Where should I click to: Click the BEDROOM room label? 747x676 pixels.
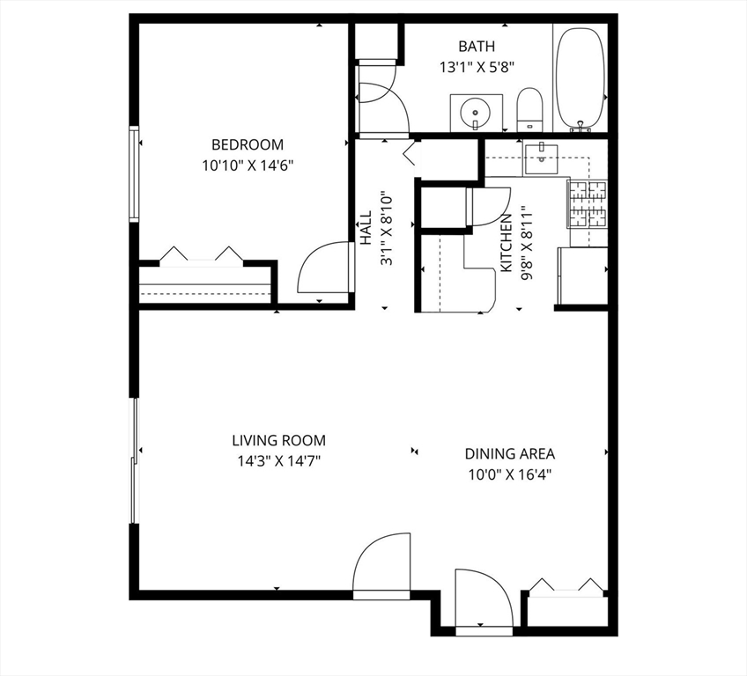[247, 145]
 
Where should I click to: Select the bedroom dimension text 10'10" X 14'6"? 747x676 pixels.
[247, 165]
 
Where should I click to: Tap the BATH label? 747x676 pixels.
[476, 47]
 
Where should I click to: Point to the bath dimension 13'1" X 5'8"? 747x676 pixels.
[476, 66]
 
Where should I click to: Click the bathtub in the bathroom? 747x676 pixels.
[581, 77]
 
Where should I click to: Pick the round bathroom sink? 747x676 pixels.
[476, 113]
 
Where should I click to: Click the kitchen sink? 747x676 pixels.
[538, 158]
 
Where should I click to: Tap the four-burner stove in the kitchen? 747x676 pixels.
[587, 203]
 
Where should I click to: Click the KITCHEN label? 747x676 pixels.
[507, 242]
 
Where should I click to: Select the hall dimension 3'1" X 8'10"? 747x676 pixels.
[385, 230]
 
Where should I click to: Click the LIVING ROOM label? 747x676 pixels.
[278, 440]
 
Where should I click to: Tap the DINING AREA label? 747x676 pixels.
[509, 454]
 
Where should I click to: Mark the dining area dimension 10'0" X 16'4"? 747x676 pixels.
[509, 474]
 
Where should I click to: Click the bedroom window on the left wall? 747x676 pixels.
[134, 173]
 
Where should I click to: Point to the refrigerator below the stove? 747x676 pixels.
[582, 276]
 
